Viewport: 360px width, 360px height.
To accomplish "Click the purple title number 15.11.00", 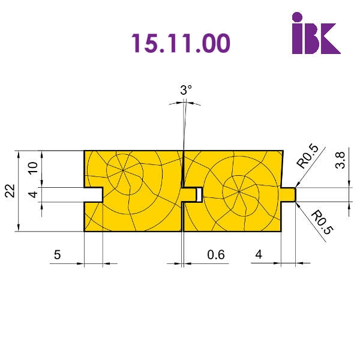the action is pos(181,43).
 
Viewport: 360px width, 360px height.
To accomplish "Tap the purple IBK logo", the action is pos(316,33).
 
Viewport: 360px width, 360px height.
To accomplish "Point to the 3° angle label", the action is pos(186,90).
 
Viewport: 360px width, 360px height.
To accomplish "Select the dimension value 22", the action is pos(10,191).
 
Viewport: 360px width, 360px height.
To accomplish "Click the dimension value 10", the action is pos(33,168).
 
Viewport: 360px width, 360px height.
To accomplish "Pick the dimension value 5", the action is pos(58,254).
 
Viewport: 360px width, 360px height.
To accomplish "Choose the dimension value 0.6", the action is pos(216,254).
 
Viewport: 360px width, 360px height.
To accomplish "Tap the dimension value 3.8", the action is pos(340,160).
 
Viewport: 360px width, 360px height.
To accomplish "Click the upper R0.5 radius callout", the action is pos(308,157).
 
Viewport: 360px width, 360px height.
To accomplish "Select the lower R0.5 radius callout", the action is pos(322,222).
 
